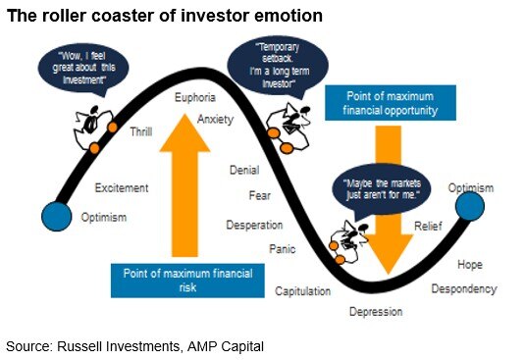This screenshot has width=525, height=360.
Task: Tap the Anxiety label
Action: click(x=215, y=119)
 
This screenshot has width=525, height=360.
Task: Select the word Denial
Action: click(x=243, y=171)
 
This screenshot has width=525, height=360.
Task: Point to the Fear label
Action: click(x=260, y=196)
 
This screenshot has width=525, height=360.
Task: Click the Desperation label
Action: click(x=254, y=225)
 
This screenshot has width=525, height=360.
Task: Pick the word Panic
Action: click(x=283, y=249)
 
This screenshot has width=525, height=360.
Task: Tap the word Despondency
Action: click(x=463, y=289)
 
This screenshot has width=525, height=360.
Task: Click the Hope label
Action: click(x=469, y=265)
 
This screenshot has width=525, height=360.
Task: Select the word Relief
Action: click(x=428, y=227)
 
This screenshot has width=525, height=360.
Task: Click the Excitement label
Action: click(x=122, y=187)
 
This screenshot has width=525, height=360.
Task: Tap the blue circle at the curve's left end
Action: click(x=58, y=216)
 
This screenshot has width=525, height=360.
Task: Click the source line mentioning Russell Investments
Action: click(x=135, y=346)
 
